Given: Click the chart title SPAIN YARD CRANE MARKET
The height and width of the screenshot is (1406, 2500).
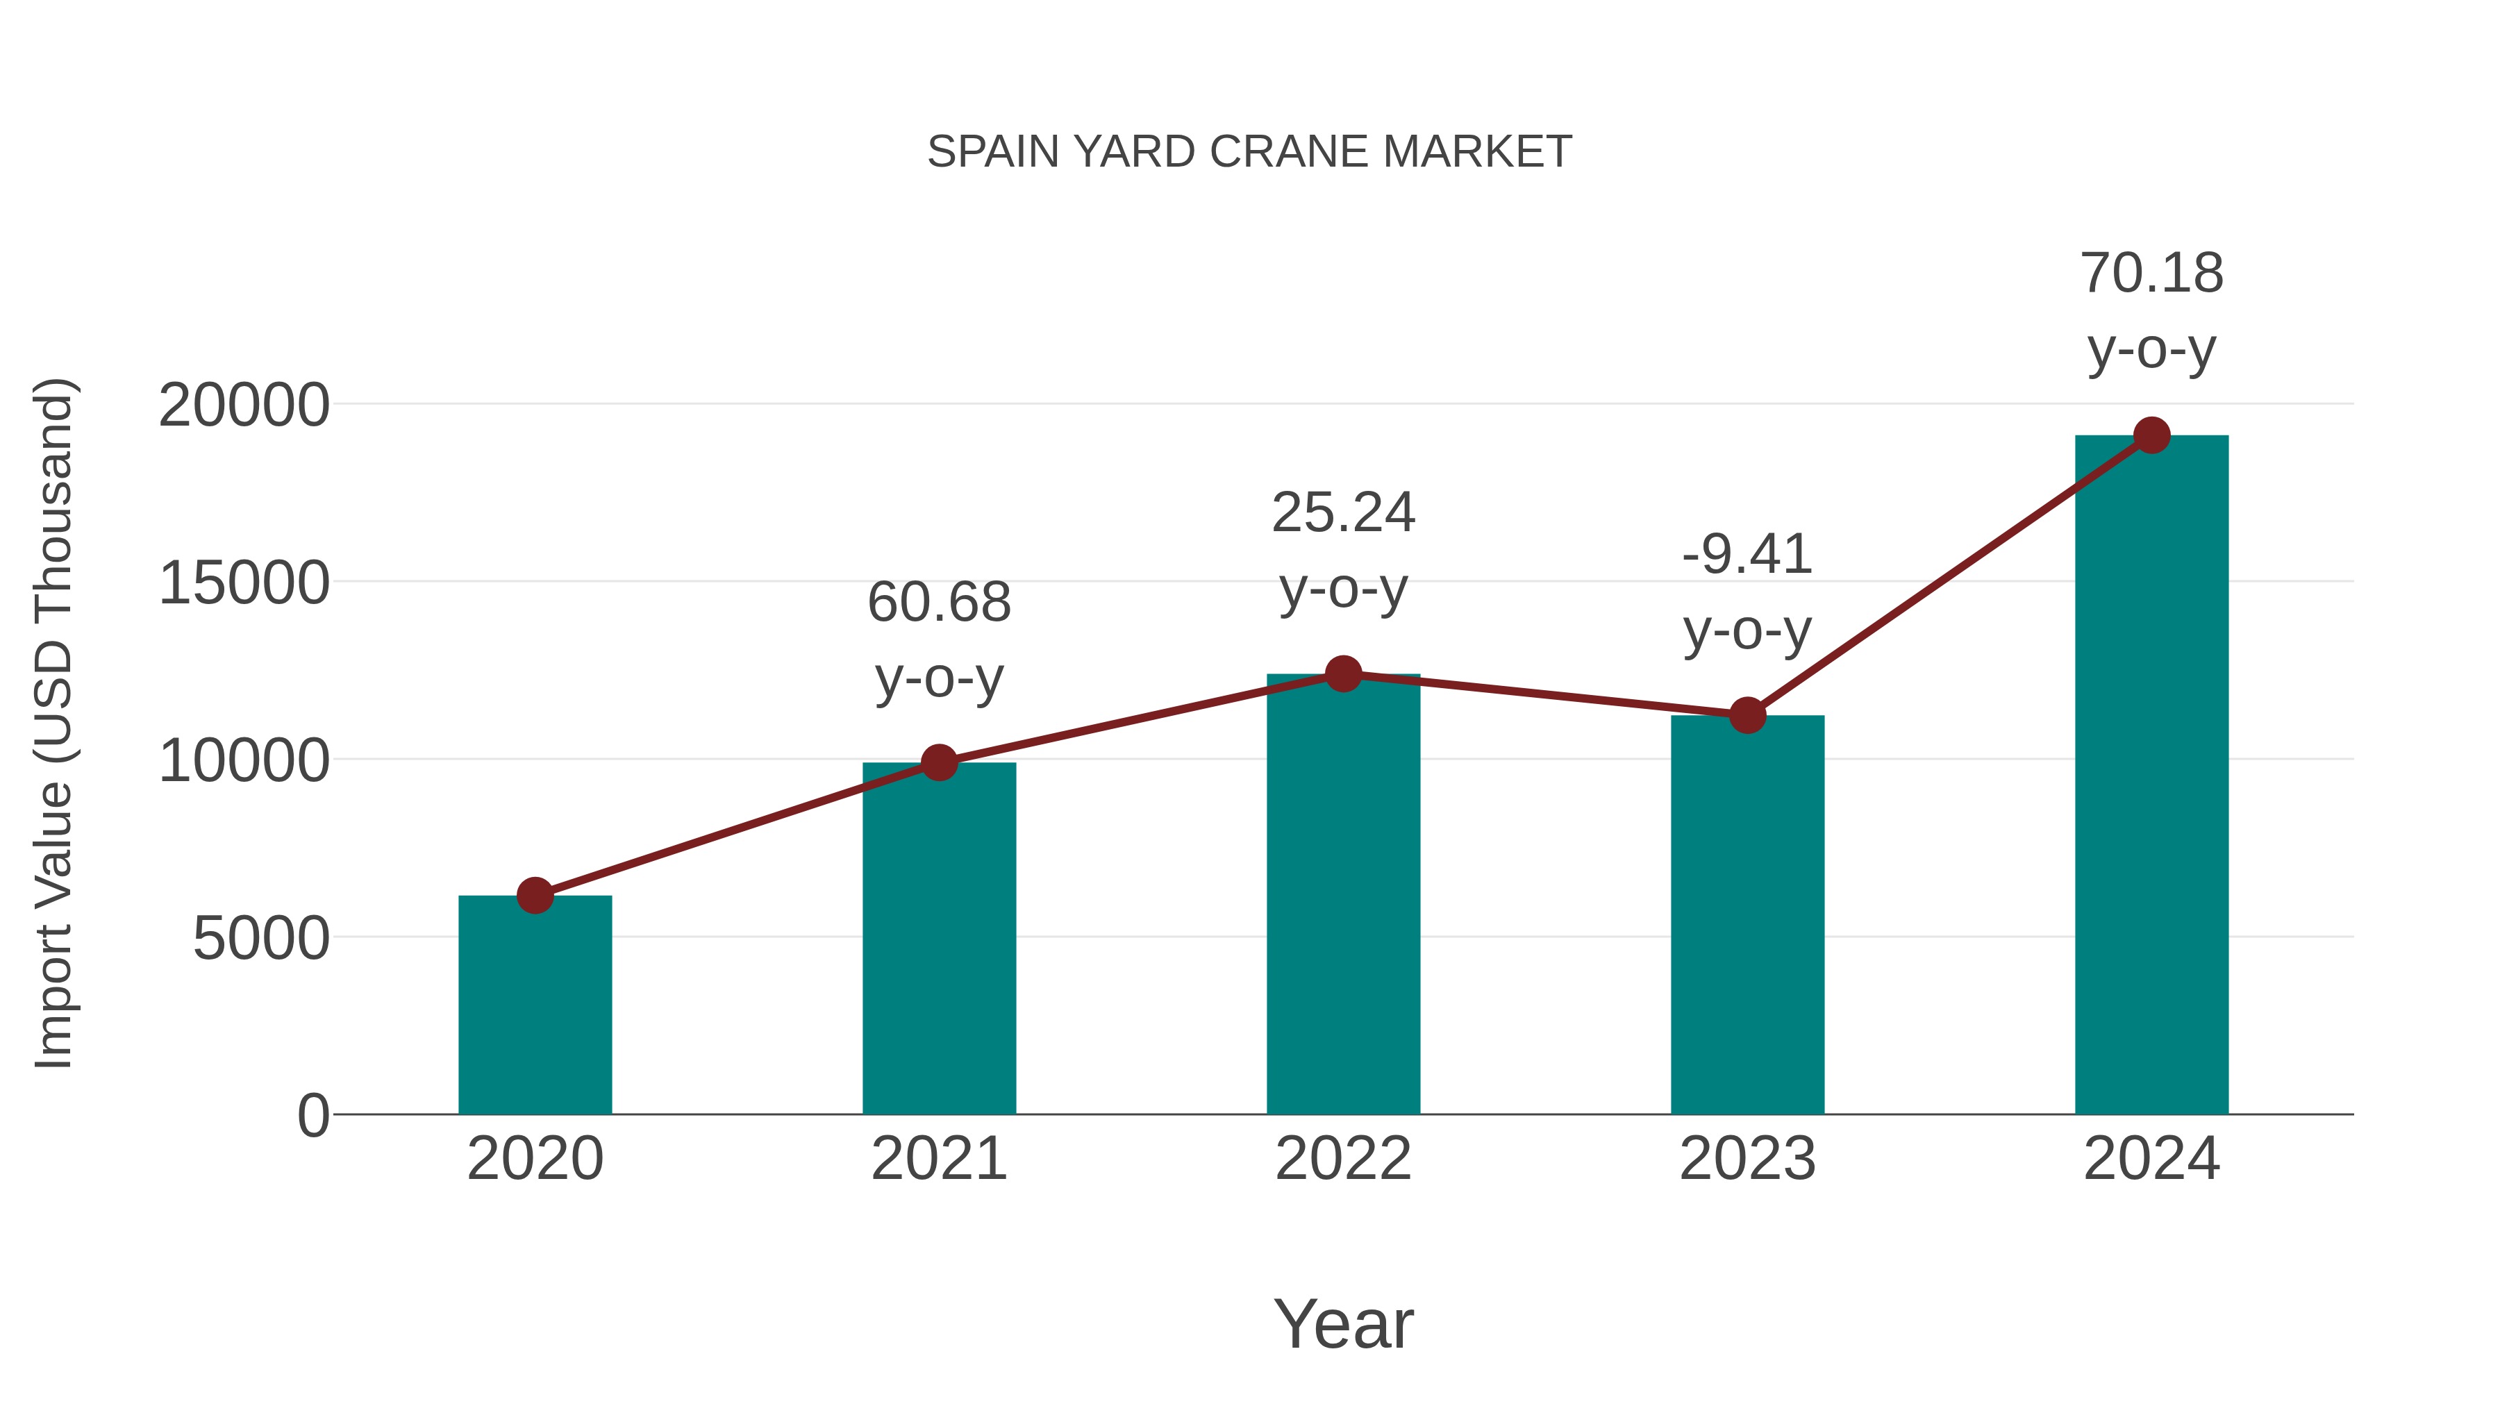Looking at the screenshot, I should tap(1249, 152).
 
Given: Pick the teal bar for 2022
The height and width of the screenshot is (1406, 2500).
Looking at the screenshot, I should tap(1343, 894).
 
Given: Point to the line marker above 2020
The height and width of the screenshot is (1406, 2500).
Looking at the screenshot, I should tap(535, 896).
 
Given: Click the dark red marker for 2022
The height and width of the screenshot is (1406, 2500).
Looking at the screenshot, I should tap(1343, 673).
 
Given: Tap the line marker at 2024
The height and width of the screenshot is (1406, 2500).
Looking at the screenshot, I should tap(2151, 435).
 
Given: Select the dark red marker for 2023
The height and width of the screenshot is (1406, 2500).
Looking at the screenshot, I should tap(1747, 716).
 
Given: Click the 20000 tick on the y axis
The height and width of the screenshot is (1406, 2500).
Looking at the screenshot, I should tap(244, 405).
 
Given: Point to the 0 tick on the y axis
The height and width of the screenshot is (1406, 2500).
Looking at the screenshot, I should tap(313, 1116).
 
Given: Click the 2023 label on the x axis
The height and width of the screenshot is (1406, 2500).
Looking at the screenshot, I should tap(1747, 1159).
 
